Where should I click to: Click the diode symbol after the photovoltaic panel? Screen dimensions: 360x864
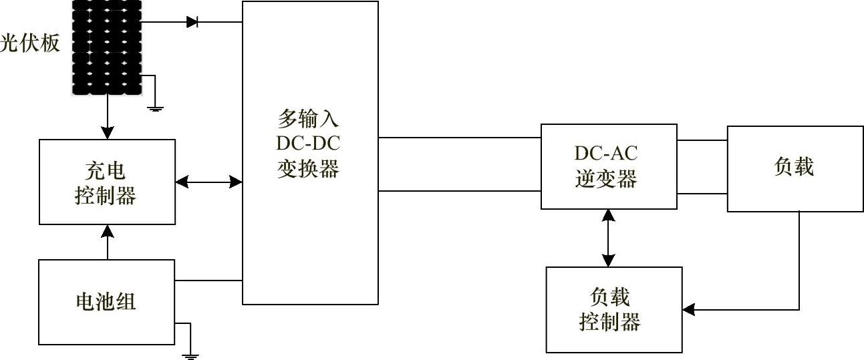coord(193,22)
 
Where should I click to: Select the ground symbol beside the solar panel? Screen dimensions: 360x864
coord(155,107)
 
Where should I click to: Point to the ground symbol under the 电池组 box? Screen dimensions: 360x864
coord(190,355)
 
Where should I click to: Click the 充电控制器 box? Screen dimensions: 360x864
coord(107,182)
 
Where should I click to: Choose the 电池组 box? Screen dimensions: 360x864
coord(107,302)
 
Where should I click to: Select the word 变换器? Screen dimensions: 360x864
coord(309,168)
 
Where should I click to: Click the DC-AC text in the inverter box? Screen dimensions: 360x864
coord(606,154)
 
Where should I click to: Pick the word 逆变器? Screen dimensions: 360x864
coord(606,179)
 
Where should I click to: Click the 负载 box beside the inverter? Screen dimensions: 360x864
coord(794,168)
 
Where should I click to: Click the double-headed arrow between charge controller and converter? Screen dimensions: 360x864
coord(208,181)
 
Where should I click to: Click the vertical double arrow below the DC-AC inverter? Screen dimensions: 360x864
coord(607,238)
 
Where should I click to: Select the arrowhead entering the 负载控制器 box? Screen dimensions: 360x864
coord(689,310)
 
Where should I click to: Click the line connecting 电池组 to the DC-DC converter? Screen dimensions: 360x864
coord(208,281)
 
